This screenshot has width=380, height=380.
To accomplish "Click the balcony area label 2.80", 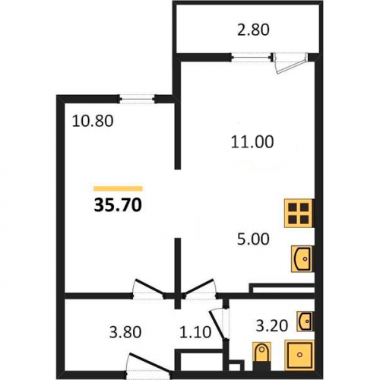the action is pos(253,30).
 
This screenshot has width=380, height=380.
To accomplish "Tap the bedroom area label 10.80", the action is pos(93,121).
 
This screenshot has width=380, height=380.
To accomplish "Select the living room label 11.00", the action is pos(252,142).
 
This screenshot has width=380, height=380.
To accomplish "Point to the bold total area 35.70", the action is pos(118,204).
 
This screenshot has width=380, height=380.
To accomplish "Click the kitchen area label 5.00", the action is pos(253,239).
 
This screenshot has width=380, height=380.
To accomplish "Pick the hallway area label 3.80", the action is pos(125,332).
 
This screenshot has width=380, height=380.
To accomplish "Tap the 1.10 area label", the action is pos(195,332).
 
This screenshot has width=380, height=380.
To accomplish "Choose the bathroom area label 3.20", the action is pos(271,325).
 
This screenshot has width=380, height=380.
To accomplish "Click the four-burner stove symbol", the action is pos(299,214).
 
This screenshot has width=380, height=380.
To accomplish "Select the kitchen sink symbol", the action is pos(302,259).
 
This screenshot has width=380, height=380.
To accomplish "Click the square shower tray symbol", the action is pos(299,355).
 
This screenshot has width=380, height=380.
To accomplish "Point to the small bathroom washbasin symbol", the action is pos(306,321).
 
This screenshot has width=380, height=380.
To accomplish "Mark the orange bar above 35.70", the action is pos(118,188).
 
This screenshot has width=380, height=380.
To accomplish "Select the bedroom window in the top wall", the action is pos(137,99).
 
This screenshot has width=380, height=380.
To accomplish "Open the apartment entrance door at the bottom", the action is pos(150,365).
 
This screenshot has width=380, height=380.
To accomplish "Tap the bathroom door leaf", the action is pos(217,325).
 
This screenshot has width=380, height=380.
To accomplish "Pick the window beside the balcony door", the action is pos(252,57).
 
